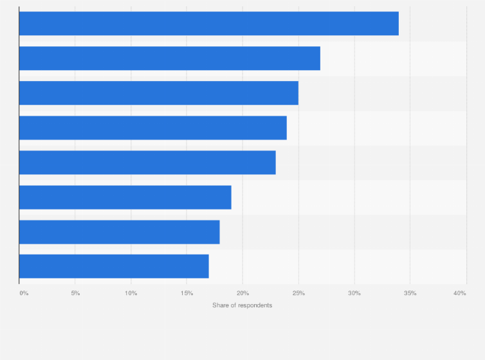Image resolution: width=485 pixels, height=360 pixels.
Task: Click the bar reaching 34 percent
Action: (x=208, y=24)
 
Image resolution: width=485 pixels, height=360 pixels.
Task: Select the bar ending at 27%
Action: (x=169, y=59)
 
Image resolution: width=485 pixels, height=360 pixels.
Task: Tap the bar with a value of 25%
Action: (x=158, y=93)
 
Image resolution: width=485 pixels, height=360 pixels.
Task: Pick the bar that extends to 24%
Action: (x=152, y=128)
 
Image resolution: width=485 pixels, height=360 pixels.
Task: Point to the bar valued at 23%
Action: (x=147, y=163)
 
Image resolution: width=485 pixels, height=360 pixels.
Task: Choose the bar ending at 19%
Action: (x=125, y=197)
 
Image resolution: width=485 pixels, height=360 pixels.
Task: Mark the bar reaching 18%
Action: (x=119, y=232)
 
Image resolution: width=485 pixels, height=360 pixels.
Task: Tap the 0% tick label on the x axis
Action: (x=24, y=293)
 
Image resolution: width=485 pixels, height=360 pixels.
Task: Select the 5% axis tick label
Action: (x=75, y=293)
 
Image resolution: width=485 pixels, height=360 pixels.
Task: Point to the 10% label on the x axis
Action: (x=131, y=293)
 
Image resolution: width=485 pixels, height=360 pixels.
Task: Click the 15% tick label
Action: (x=187, y=293)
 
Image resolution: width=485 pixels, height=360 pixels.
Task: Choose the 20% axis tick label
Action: (x=243, y=293)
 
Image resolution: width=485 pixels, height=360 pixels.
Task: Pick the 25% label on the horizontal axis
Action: (x=298, y=293)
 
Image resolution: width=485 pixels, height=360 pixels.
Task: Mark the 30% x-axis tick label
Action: (x=354, y=293)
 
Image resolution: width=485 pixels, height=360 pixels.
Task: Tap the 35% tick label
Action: (x=410, y=293)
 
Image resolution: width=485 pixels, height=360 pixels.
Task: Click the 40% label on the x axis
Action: (x=459, y=293)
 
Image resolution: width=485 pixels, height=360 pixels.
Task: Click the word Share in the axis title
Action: (x=220, y=305)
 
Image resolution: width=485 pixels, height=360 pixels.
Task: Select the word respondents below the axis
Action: (x=255, y=305)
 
